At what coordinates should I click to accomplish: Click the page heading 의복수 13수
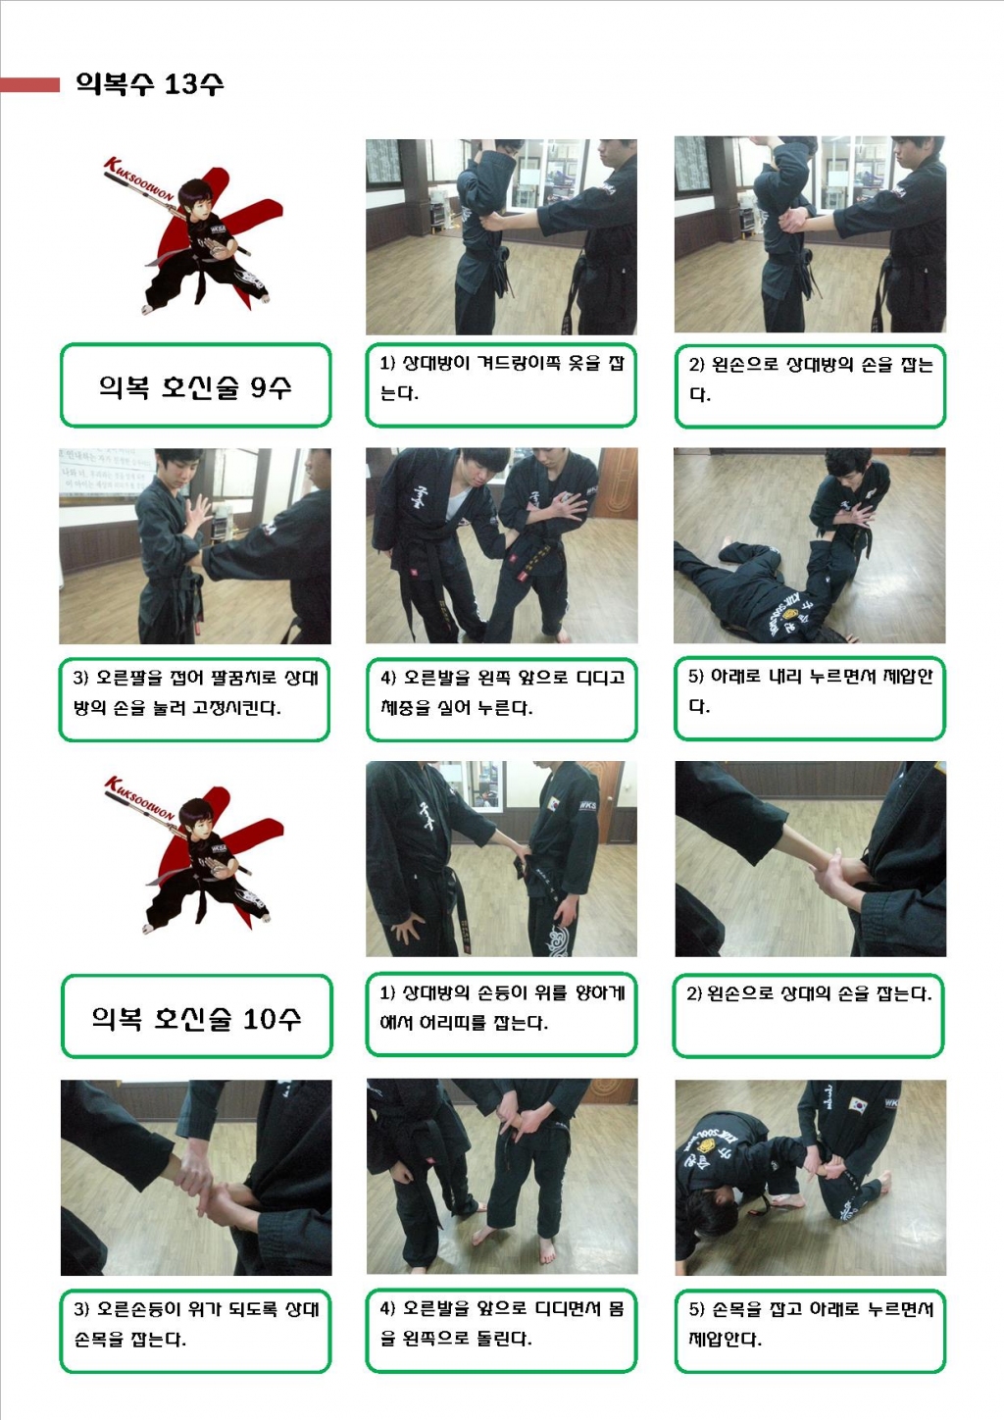(x=150, y=83)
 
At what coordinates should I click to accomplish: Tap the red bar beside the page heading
(x=29, y=85)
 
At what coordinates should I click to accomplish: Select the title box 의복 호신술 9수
(x=196, y=385)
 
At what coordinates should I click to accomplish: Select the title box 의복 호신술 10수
(x=196, y=1016)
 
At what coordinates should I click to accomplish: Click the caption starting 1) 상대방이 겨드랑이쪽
(x=501, y=378)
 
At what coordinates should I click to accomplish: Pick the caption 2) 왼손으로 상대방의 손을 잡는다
(x=811, y=380)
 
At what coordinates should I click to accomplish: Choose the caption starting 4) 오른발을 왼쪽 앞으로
(x=502, y=692)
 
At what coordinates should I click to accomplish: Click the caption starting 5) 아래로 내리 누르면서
(x=811, y=691)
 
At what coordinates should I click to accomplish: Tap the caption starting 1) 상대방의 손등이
(x=502, y=1007)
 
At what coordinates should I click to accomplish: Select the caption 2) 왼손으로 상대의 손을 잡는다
(x=810, y=992)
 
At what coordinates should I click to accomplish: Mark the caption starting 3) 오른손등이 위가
(x=196, y=1324)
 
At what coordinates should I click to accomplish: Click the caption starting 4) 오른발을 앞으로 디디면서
(x=502, y=1323)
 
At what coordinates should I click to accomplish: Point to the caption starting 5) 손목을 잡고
(x=811, y=1324)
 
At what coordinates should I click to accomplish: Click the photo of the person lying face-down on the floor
(x=810, y=546)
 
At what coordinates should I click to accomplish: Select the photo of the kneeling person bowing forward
(x=811, y=1177)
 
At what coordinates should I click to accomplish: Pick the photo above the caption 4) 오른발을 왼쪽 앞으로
(x=502, y=546)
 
